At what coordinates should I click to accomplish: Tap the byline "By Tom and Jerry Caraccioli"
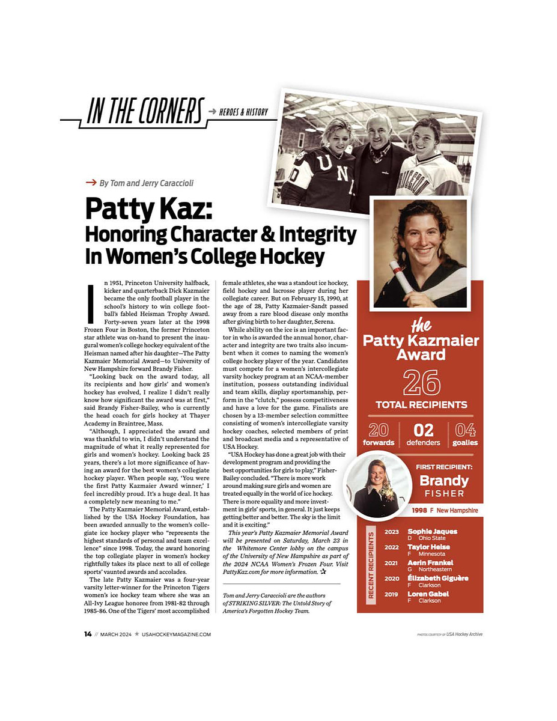click(147, 183)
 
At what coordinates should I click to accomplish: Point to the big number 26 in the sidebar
click(421, 382)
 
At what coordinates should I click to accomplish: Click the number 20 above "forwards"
click(379, 430)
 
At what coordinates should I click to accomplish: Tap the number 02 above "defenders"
click(422, 430)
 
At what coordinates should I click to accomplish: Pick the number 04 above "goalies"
click(466, 430)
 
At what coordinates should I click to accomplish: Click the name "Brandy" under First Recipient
click(444, 481)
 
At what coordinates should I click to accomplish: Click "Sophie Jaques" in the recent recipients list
click(432, 531)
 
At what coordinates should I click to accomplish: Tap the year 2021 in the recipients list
click(391, 563)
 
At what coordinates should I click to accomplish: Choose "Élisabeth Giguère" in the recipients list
click(438, 578)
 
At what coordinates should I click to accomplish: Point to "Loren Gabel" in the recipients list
click(428, 594)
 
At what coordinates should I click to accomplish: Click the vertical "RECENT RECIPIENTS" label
click(371, 564)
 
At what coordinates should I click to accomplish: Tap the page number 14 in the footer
click(88, 634)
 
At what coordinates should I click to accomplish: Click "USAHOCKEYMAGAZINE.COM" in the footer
click(176, 634)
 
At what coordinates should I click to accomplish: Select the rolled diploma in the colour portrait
click(401, 276)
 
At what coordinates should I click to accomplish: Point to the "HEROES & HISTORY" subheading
click(243, 112)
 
